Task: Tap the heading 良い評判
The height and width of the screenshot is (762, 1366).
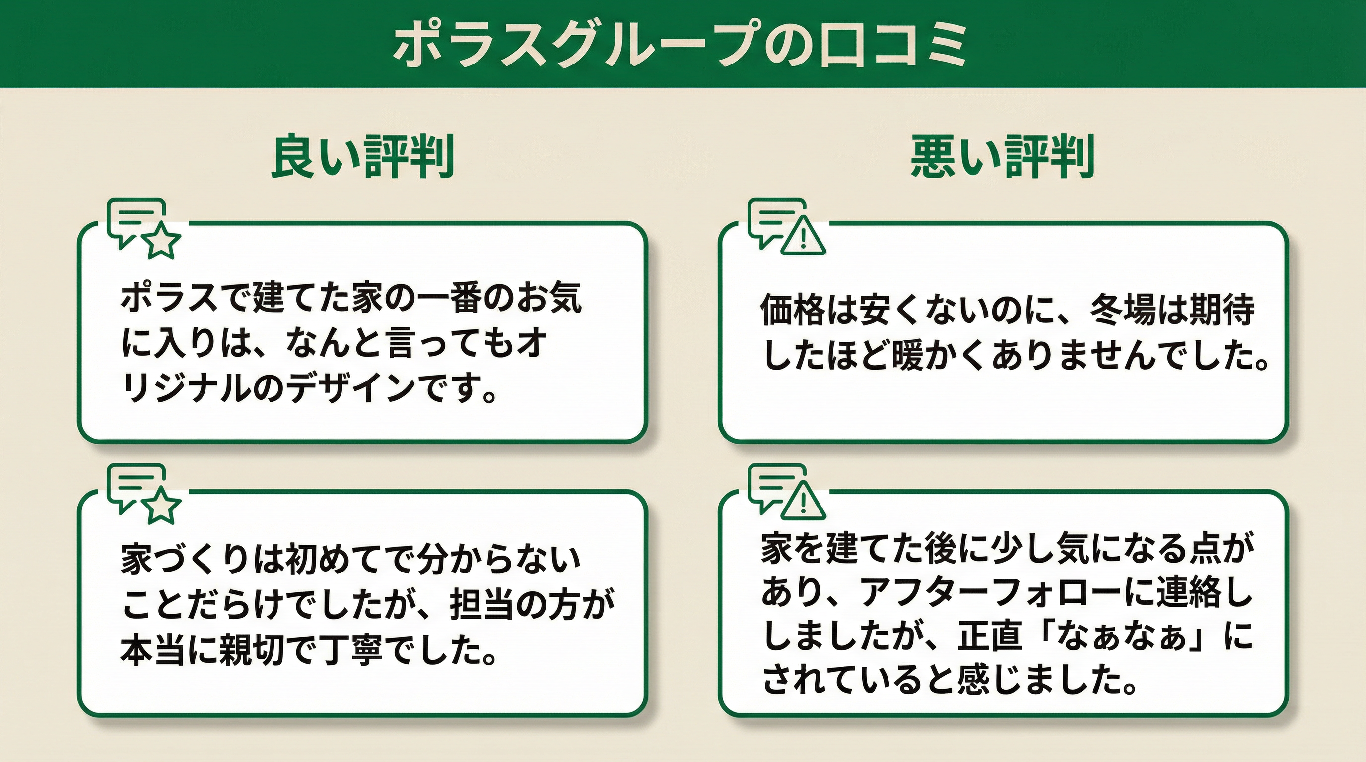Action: pos(363,157)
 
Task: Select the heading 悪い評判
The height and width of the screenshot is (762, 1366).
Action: pos(1003,157)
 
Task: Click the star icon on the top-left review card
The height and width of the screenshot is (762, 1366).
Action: pos(163,241)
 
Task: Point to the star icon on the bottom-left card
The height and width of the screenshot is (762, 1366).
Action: pos(163,507)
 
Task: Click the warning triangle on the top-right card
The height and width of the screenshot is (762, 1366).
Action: pos(804,236)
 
